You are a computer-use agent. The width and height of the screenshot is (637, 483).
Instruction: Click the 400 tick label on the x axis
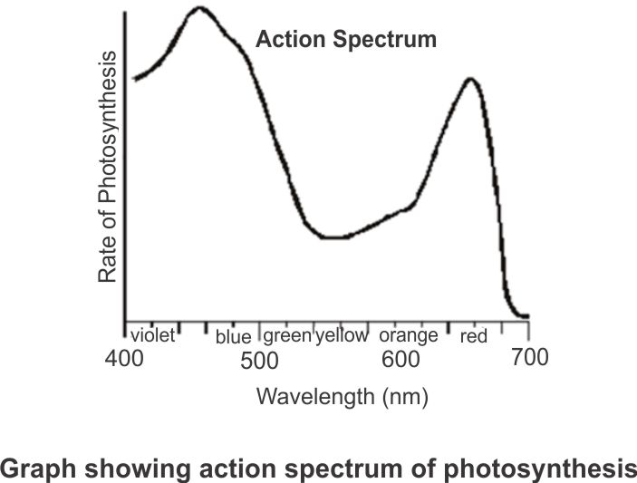pos(124,358)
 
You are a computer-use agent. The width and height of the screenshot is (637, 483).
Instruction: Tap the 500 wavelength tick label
pos(260,361)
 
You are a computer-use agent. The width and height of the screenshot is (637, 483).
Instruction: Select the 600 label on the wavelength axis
pos(401,360)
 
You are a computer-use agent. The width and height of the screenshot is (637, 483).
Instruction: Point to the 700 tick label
pos(529,357)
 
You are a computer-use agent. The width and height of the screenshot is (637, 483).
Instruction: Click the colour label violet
pos(151,335)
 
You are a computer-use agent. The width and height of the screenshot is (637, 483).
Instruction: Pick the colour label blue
pos(233,337)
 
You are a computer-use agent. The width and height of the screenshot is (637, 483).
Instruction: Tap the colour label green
pos(287,335)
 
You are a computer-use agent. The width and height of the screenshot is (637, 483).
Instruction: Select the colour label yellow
pos(342,335)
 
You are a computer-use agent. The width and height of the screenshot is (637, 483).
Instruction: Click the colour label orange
pos(408,335)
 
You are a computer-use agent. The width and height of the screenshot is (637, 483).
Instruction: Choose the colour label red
pos(474,337)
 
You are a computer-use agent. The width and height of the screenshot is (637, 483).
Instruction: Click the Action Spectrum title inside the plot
pos(346,40)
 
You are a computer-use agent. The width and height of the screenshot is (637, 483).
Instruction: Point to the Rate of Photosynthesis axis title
pos(108,167)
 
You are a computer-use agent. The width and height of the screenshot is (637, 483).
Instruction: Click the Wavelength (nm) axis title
pos(342,396)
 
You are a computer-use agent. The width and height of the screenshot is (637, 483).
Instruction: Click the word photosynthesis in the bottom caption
pos(551,469)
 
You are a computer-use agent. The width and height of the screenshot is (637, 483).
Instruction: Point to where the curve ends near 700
pos(526,317)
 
